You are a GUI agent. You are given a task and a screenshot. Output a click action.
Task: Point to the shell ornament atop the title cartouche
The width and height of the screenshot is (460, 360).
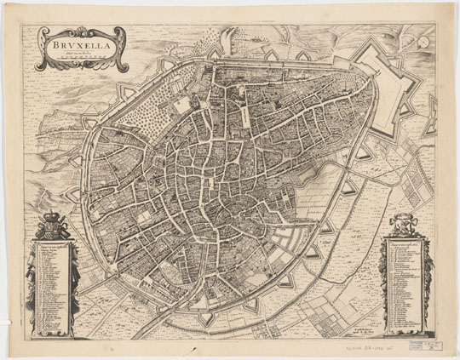coord(76,28)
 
